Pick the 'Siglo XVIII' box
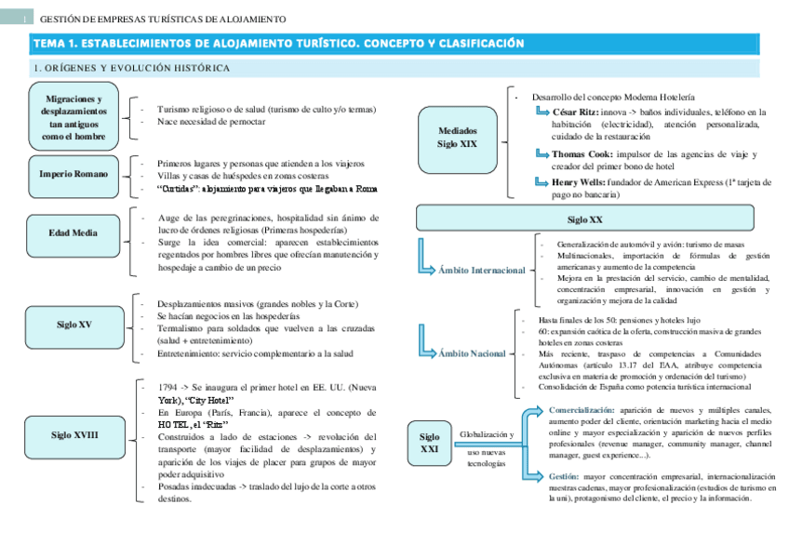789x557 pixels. click(74, 434)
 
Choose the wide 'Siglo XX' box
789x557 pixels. click(584, 219)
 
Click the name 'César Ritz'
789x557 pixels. click(572, 112)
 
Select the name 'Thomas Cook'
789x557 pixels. click(581, 154)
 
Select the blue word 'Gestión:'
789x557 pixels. click(564, 476)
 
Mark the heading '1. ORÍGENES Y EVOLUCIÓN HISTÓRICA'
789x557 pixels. click(131, 68)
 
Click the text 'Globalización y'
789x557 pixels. click(486, 434)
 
